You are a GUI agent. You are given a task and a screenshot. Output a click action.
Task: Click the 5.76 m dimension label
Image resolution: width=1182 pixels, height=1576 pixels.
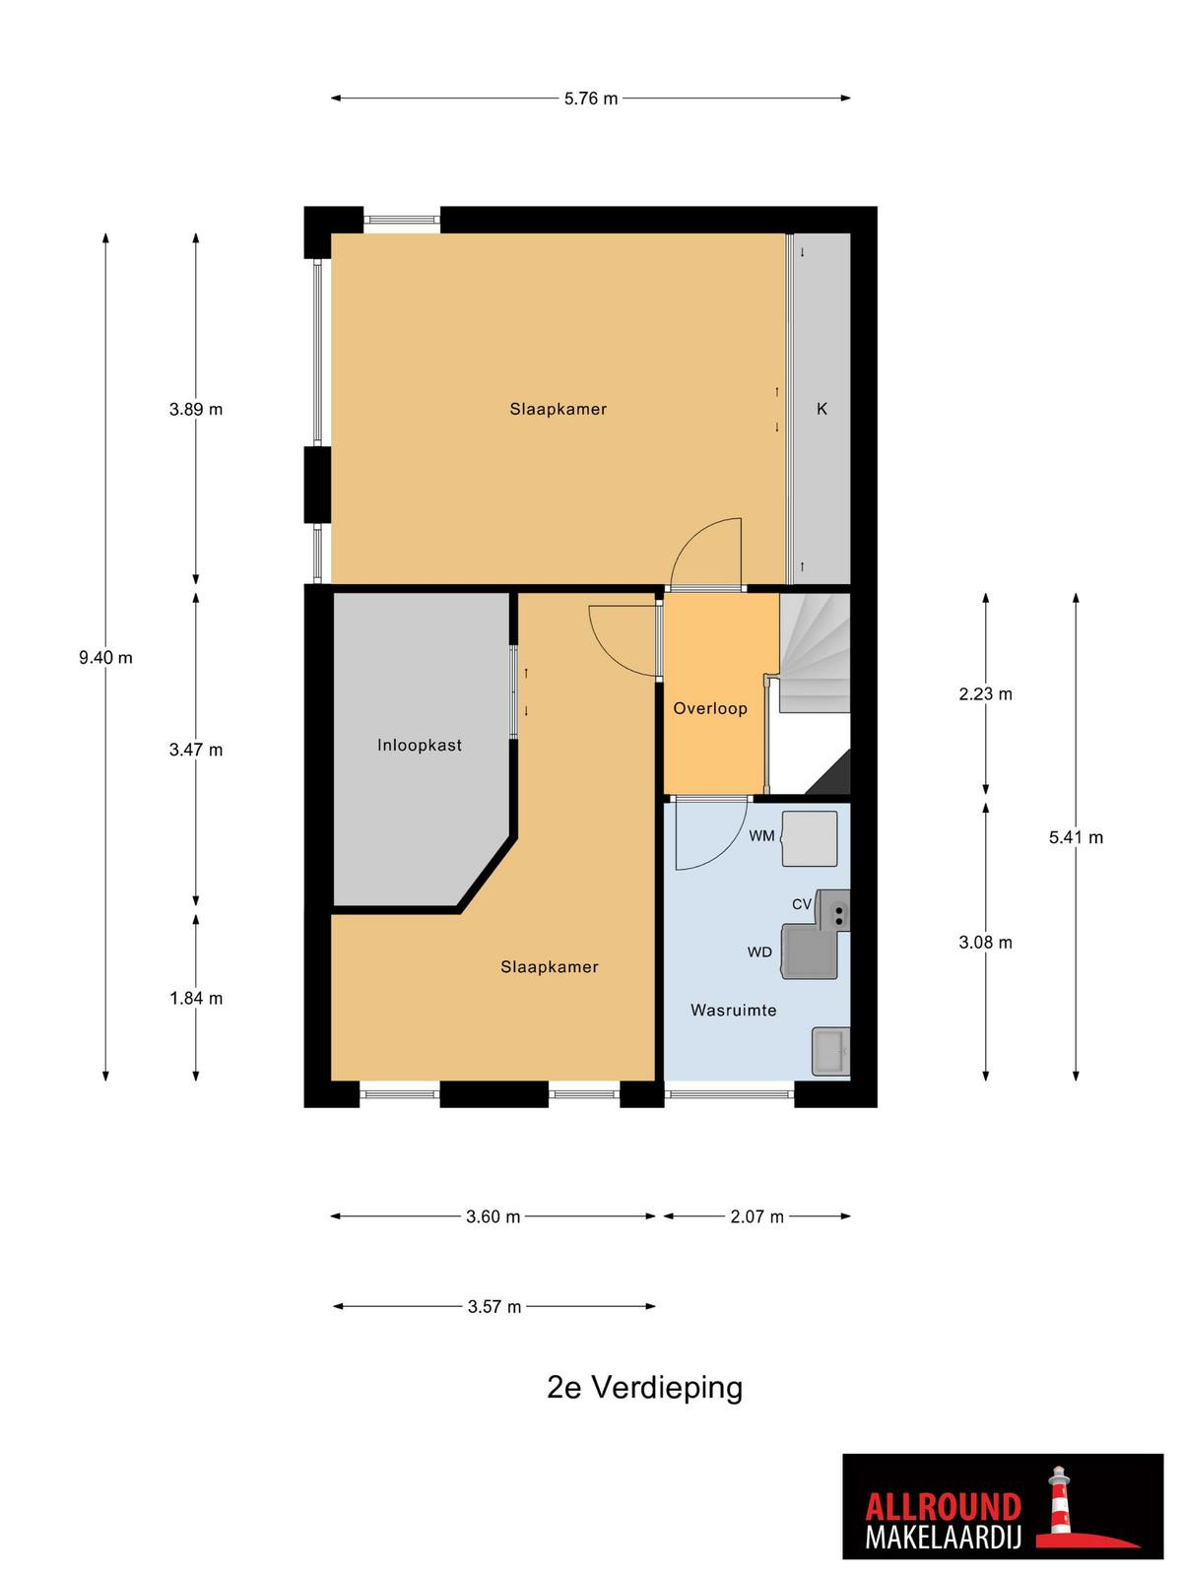[591, 98]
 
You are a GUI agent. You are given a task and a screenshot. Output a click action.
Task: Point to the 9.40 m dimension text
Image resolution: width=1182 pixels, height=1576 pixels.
[105, 658]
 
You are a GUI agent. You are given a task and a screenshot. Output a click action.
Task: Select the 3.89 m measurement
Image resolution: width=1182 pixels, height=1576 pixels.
[196, 409]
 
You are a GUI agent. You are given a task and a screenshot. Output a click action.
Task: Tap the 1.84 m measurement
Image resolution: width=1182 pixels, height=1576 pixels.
[196, 998]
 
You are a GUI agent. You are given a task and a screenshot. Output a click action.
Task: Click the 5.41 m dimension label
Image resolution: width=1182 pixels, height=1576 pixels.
[1076, 837]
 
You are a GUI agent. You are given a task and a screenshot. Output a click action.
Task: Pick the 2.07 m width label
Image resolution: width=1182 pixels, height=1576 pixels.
[757, 1216]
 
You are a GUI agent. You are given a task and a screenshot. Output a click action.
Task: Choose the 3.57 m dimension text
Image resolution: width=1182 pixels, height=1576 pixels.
[494, 1307]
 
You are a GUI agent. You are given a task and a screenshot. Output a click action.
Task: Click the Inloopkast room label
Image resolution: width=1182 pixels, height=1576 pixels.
[420, 746]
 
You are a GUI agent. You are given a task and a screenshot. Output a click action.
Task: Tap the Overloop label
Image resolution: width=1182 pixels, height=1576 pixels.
[710, 708]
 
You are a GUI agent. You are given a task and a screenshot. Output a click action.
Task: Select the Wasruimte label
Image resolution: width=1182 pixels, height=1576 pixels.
[734, 1011]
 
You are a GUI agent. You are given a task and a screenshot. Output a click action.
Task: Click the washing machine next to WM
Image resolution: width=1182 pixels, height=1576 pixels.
[810, 838]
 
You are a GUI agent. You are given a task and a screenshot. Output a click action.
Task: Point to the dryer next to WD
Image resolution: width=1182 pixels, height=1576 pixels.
[809, 952]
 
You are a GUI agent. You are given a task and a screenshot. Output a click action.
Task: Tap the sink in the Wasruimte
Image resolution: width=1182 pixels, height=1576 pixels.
[831, 1051]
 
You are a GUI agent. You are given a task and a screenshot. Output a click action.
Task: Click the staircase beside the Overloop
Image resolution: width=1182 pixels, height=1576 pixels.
[816, 653]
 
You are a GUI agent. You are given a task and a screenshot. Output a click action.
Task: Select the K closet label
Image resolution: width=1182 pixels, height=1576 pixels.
[822, 409]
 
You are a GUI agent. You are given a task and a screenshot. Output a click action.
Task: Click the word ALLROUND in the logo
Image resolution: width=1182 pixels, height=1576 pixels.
[943, 1487]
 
